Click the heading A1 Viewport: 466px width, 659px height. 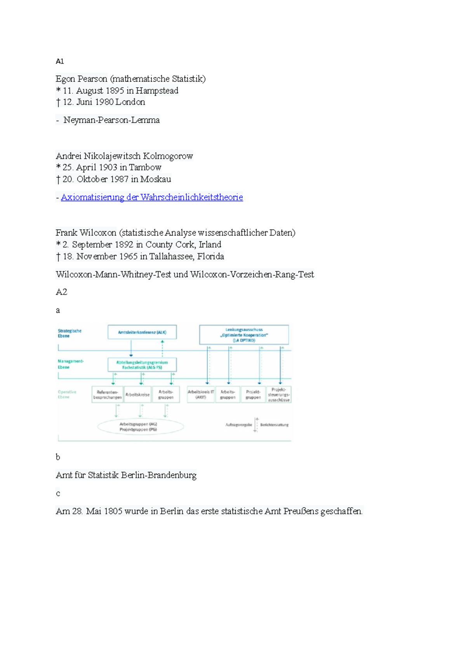tap(60, 61)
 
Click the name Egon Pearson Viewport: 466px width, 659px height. tap(81, 79)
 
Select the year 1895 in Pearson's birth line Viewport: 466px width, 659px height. tap(114, 90)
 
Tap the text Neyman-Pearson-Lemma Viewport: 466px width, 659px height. tap(111, 120)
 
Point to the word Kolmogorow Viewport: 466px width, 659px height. tap(168, 156)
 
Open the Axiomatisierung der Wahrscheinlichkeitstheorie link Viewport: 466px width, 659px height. tap(152, 197)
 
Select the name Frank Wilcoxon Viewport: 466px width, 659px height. tap(86, 233)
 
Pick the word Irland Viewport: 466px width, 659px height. tap(210, 245)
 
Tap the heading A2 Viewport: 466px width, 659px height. tap(61, 292)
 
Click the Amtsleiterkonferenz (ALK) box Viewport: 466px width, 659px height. tap(142, 332)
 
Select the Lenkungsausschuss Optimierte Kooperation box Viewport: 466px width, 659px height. tap(244, 335)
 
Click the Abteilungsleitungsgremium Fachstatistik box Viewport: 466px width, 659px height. tap(142, 365)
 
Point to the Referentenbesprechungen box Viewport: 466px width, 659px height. tap(107, 394)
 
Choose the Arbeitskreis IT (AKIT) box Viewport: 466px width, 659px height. tap(201, 394)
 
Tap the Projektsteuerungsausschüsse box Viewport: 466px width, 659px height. tap(278, 394)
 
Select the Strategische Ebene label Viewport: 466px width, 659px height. tap(70, 333)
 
